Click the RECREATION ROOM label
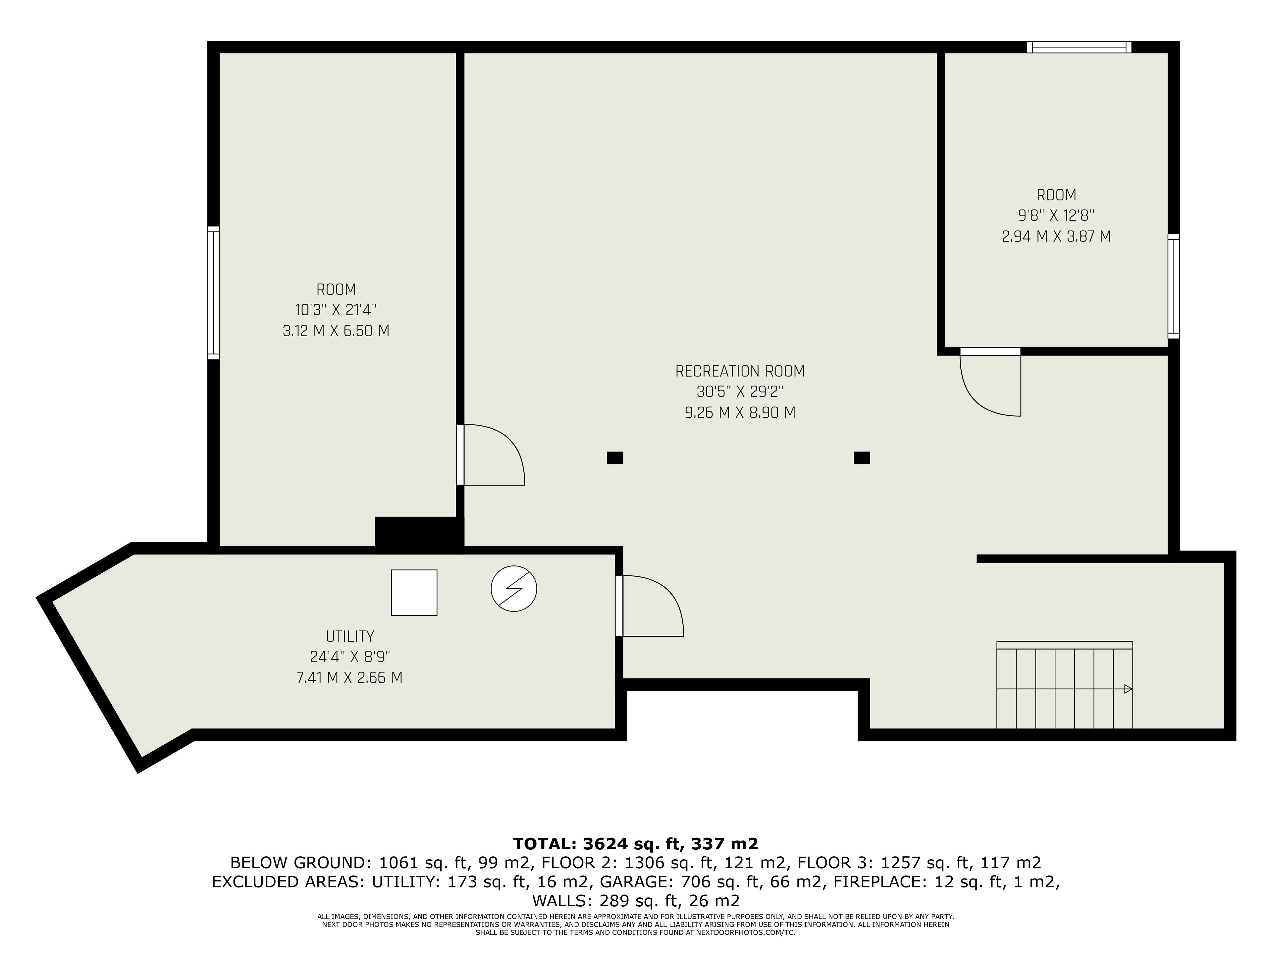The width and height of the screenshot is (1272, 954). tap(740, 371)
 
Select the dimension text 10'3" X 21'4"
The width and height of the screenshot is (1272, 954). tap(336, 310)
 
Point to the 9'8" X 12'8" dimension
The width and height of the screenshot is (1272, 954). tap(1056, 216)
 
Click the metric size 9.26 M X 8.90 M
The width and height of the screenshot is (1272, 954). tap(740, 413)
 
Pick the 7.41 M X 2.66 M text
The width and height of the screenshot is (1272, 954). tap(349, 678)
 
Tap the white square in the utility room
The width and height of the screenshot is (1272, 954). tap(414, 593)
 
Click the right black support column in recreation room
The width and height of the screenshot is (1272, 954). tap(862, 458)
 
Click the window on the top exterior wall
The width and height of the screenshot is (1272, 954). tap(1079, 47)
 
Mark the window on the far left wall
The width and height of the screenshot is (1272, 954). tap(213, 293)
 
